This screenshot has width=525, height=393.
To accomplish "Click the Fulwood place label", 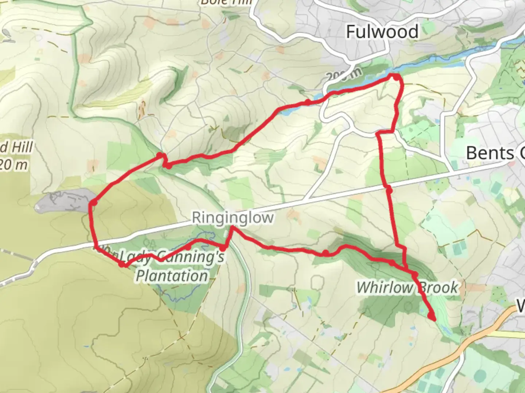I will [x=382, y=32].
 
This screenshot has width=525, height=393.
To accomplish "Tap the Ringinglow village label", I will [x=233, y=218].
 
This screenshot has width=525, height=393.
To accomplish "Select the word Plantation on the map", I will [x=172, y=276].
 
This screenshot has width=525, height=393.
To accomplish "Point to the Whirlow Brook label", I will [x=407, y=287].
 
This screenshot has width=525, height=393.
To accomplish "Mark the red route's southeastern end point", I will [x=433, y=319].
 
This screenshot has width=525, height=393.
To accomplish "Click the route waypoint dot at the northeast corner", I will [x=396, y=77].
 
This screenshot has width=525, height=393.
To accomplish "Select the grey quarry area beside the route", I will [x=62, y=202].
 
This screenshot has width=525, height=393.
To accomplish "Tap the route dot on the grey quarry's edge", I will [x=94, y=203].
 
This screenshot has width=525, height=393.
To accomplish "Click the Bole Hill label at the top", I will [x=226, y=3].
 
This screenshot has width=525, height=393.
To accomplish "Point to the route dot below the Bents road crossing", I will [x=389, y=190].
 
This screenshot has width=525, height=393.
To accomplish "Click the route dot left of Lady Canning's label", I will [x=122, y=264].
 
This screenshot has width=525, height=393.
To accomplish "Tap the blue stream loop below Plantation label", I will [x=179, y=295].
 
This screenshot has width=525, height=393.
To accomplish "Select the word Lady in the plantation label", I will [x=136, y=257].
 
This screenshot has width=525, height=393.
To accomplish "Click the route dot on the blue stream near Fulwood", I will [x=308, y=102].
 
